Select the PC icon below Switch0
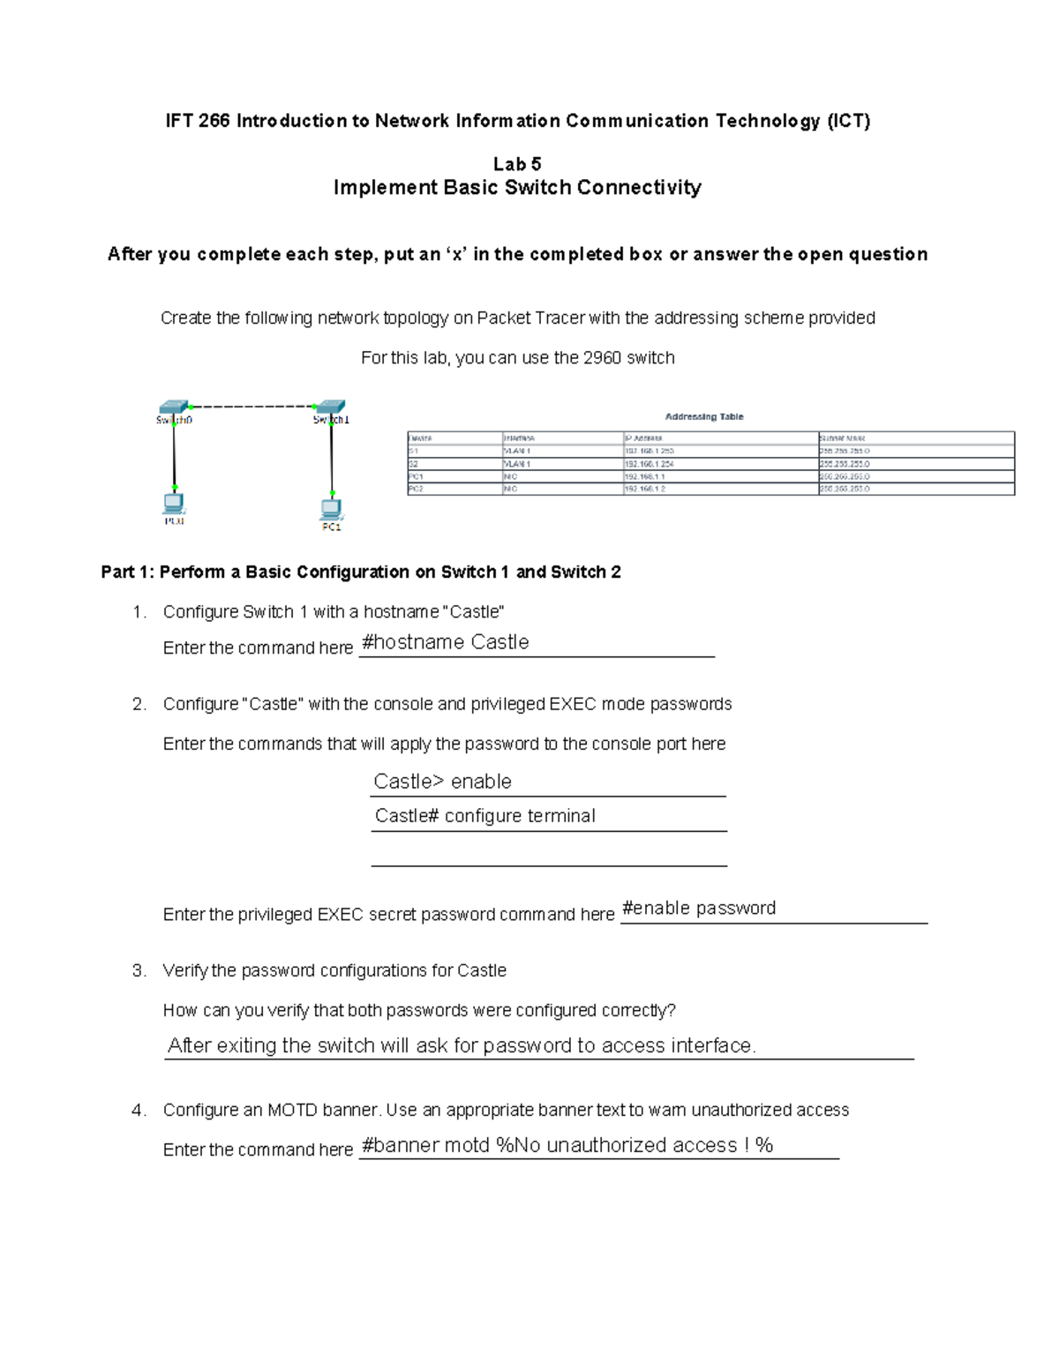174,503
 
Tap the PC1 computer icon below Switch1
331,509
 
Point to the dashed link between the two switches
252,407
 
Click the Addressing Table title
703,416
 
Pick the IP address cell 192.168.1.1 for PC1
645,476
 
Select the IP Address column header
643,438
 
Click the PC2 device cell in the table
416,489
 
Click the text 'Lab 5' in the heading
517,164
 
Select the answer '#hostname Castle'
446,642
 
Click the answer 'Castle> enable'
442,782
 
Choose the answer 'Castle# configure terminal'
484,816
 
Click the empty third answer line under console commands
548,856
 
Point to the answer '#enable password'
699,909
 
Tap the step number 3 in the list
139,970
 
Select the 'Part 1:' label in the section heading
128,572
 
